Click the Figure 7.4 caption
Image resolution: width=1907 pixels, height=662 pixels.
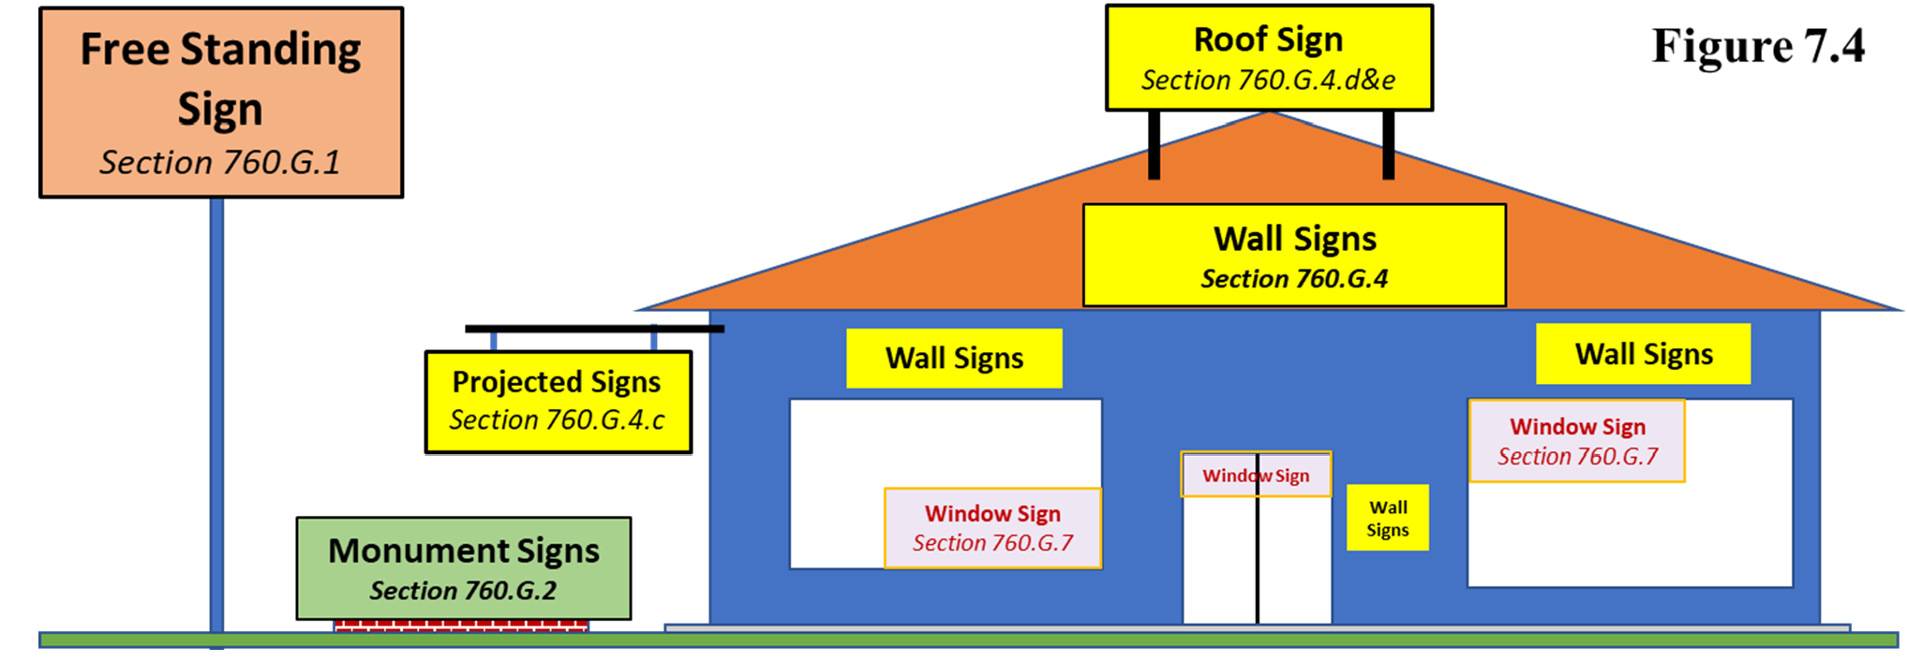(1757, 47)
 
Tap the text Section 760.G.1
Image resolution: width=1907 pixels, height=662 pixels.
(220, 163)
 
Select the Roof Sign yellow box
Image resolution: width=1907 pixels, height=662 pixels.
(1269, 57)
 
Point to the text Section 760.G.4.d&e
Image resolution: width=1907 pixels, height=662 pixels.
(1268, 81)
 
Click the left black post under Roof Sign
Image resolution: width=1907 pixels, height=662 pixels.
(1155, 144)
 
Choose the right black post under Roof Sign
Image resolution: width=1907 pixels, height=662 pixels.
(1388, 144)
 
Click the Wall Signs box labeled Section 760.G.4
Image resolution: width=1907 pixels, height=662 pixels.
(1294, 255)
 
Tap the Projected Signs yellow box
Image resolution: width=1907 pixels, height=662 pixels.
(559, 402)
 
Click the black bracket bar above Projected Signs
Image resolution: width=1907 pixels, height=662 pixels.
(594, 329)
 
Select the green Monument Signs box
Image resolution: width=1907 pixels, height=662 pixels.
(464, 567)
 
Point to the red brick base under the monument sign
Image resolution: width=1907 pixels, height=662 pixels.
(461, 625)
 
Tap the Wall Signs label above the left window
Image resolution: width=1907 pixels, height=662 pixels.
(954, 358)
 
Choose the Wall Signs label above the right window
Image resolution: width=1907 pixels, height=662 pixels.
(1643, 354)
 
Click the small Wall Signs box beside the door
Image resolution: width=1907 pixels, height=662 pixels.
(1387, 518)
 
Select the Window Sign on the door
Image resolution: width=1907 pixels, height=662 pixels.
(1256, 476)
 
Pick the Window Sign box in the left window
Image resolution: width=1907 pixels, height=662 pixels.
(992, 528)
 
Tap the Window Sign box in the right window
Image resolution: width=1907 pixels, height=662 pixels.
(1577, 441)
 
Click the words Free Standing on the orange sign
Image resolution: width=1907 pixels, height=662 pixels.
(220, 50)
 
